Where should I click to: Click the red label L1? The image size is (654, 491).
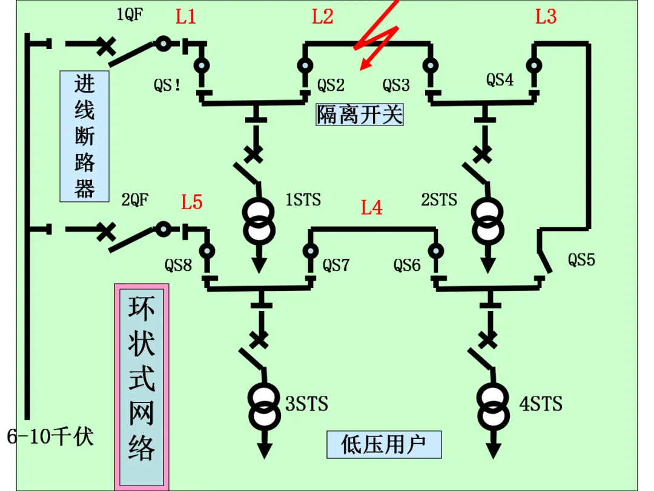click(186, 17)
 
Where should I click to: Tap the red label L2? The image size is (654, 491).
click(322, 17)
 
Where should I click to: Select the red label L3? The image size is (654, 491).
click(546, 17)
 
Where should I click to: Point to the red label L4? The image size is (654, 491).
click(371, 207)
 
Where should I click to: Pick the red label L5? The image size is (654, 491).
click(191, 202)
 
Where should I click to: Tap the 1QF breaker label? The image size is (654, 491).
click(130, 15)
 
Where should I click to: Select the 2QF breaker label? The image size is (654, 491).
click(134, 199)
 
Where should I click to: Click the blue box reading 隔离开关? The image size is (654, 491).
click(360, 115)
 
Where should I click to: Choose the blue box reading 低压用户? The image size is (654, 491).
click(384, 444)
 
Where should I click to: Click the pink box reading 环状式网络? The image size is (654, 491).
click(142, 387)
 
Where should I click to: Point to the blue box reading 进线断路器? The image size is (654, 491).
click(85, 136)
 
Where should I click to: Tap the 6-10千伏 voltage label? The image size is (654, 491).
click(50, 436)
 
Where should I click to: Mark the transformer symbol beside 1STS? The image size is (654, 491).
click(259, 221)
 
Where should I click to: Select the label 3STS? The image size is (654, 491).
click(306, 404)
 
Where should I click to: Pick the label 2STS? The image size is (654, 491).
click(439, 199)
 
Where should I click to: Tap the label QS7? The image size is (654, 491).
click(335, 265)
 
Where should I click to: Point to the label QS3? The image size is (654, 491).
click(396, 85)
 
